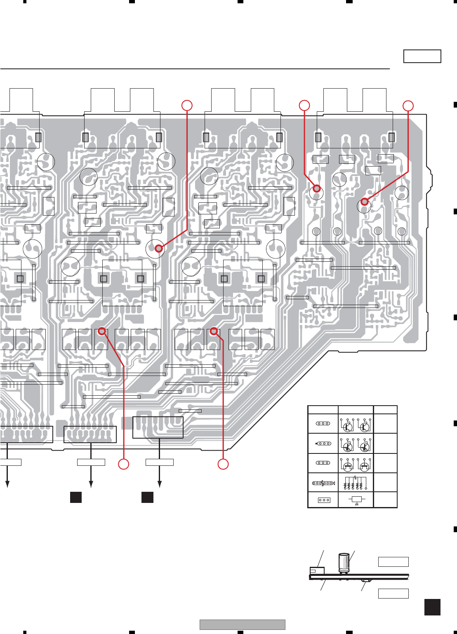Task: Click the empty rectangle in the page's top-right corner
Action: coord(422,56)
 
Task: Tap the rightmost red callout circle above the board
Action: coord(408,106)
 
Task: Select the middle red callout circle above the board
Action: coord(304,105)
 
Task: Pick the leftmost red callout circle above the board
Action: coord(187,105)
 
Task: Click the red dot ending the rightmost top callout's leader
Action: coord(364,202)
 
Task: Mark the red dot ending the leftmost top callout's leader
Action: coord(158,248)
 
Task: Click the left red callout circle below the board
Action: coord(123,464)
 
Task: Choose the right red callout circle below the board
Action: coord(223,464)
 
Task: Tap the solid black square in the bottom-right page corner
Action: coord(432,607)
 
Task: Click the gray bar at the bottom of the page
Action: coord(242,625)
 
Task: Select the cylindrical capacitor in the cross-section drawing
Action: coord(344,563)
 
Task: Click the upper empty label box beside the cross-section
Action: coord(393,562)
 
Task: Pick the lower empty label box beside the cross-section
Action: coord(393,593)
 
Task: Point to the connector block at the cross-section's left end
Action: coord(317,571)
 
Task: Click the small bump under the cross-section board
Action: coord(365,580)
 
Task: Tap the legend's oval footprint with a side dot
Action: coord(323,444)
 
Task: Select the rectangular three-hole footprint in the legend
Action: coord(324,500)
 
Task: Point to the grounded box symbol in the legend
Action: coord(356,500)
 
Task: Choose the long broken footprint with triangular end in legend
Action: coord(323,483)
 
